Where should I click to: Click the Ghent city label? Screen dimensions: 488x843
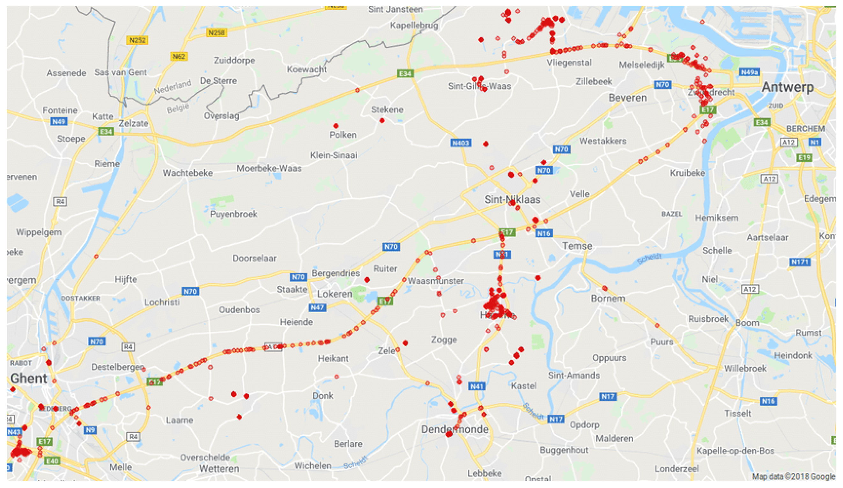point(29,378)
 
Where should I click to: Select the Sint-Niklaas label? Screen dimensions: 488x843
point(512,200)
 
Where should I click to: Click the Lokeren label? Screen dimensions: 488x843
point(335,294)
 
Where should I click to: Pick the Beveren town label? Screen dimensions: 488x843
point(628,98)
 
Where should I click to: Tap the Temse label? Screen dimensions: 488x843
point(577,246)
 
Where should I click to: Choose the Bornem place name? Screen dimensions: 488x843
point(608,298)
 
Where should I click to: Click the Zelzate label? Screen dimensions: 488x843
point(133,123)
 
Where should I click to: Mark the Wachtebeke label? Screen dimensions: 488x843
point(188,173)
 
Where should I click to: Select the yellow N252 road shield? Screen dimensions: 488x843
point(137,41)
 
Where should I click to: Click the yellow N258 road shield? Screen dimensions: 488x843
point(217,33)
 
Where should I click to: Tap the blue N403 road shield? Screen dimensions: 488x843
point(461,143)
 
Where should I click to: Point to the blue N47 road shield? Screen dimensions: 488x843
point(317,307)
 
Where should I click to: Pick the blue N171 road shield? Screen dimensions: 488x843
point(800,262)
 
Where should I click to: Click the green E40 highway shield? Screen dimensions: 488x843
point(52,461)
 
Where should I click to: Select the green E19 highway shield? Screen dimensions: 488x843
point(804,158)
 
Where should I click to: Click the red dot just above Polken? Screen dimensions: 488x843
point(336,126)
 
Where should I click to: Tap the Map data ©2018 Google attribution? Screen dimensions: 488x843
point(794,476)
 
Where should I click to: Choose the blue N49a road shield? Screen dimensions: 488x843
point(749,72)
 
